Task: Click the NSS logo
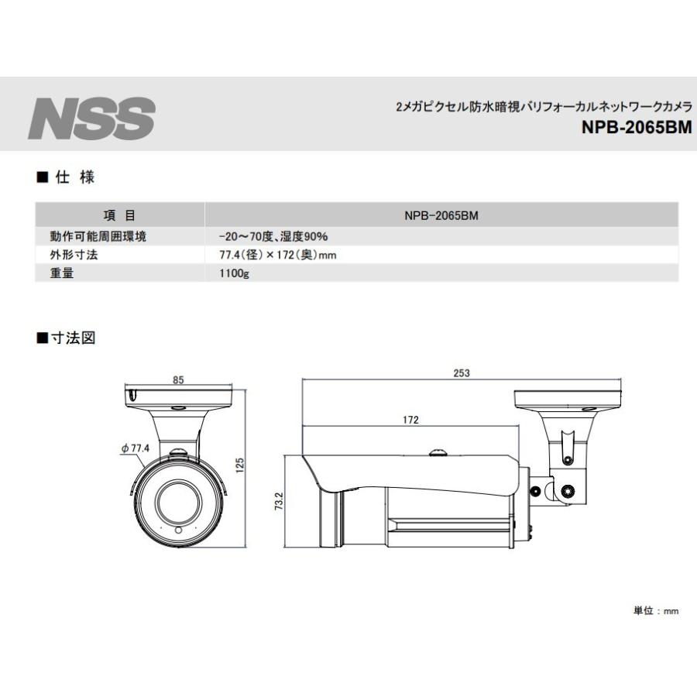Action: [x=91, y=117]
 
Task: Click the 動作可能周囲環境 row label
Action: [x=98, y=236]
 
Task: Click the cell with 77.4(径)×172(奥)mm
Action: [x=276, y=255]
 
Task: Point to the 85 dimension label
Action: [x=178, y=380]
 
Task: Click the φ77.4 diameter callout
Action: [x=135, y=448]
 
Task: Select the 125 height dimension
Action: [x=240, y=465]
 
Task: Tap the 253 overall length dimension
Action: [x=462, y=373]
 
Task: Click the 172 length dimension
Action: [x=410, y=420]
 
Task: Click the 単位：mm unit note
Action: [x=656, y=611]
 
